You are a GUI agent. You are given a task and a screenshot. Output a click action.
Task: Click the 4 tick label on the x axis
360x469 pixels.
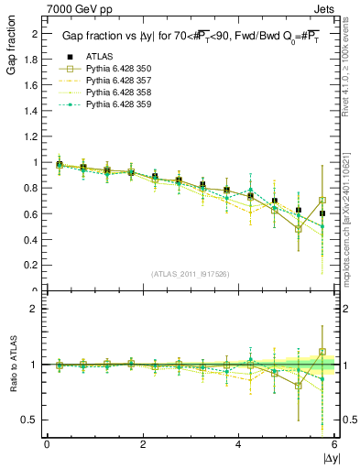point(238,444)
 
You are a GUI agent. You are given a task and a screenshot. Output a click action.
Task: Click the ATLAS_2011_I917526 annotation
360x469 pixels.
point(190,274)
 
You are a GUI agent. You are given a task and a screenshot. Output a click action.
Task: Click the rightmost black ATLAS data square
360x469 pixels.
point(322,213)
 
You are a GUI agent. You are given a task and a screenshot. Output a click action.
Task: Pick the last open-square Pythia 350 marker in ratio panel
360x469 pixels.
point(322,351)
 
